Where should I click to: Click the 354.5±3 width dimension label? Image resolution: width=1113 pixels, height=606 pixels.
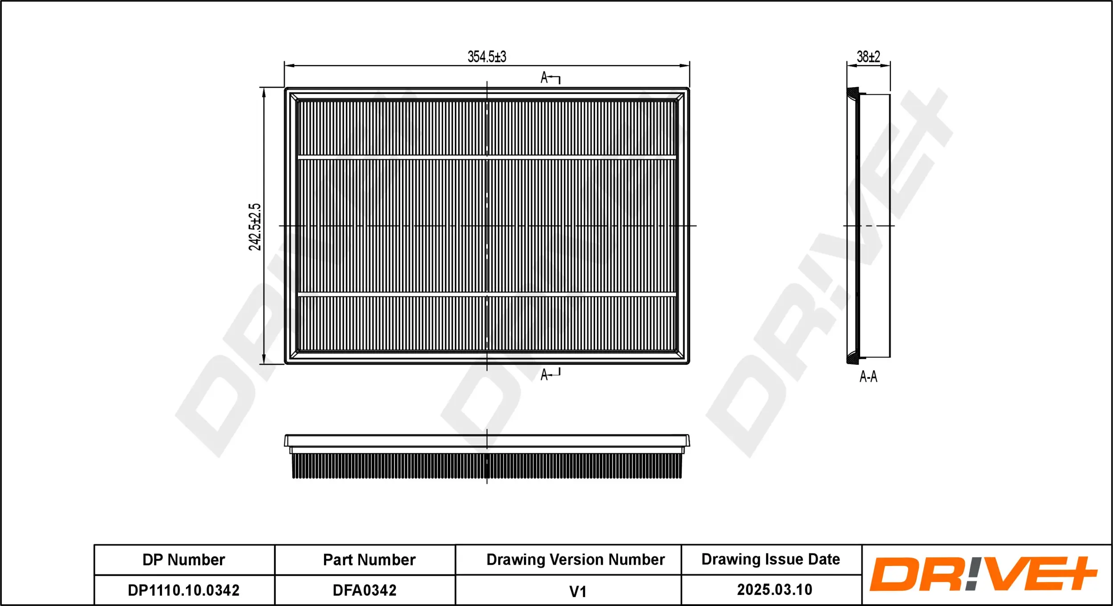click(x=487, y=57)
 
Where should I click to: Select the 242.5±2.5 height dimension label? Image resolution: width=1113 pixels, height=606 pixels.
click(x=255, y=227)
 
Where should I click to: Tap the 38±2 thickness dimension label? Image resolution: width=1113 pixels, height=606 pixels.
click(x=868, y=57)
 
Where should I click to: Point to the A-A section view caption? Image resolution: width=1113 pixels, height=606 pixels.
click(x=868, y=377)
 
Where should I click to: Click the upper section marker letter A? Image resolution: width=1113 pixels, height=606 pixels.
click(x=544, y=78)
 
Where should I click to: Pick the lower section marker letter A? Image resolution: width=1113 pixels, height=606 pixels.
click(x=544, y=375)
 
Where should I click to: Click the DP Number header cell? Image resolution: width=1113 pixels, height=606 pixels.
click(x=183, y=560)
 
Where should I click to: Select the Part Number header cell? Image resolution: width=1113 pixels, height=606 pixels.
click(x=369, y=560)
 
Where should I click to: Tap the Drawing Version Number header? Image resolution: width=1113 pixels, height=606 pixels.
click(x=575, y=560)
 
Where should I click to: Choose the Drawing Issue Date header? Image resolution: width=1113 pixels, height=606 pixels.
click(x=771, y=559)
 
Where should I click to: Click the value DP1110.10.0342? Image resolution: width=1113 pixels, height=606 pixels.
click(x=183, y=590)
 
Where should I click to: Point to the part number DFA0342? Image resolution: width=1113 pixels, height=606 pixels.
click(x=365, y=590)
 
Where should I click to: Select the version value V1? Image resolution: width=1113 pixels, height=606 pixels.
click(x=578, y=592)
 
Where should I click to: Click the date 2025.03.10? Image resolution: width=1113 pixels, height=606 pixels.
click(x=775, y=590)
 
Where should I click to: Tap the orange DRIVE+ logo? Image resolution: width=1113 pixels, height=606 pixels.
click(x=983, y=574)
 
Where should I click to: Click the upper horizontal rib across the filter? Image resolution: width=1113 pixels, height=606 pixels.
click(x=487, y=158)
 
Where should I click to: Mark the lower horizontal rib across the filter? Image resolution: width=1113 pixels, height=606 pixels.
click(x=487, y=295)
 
